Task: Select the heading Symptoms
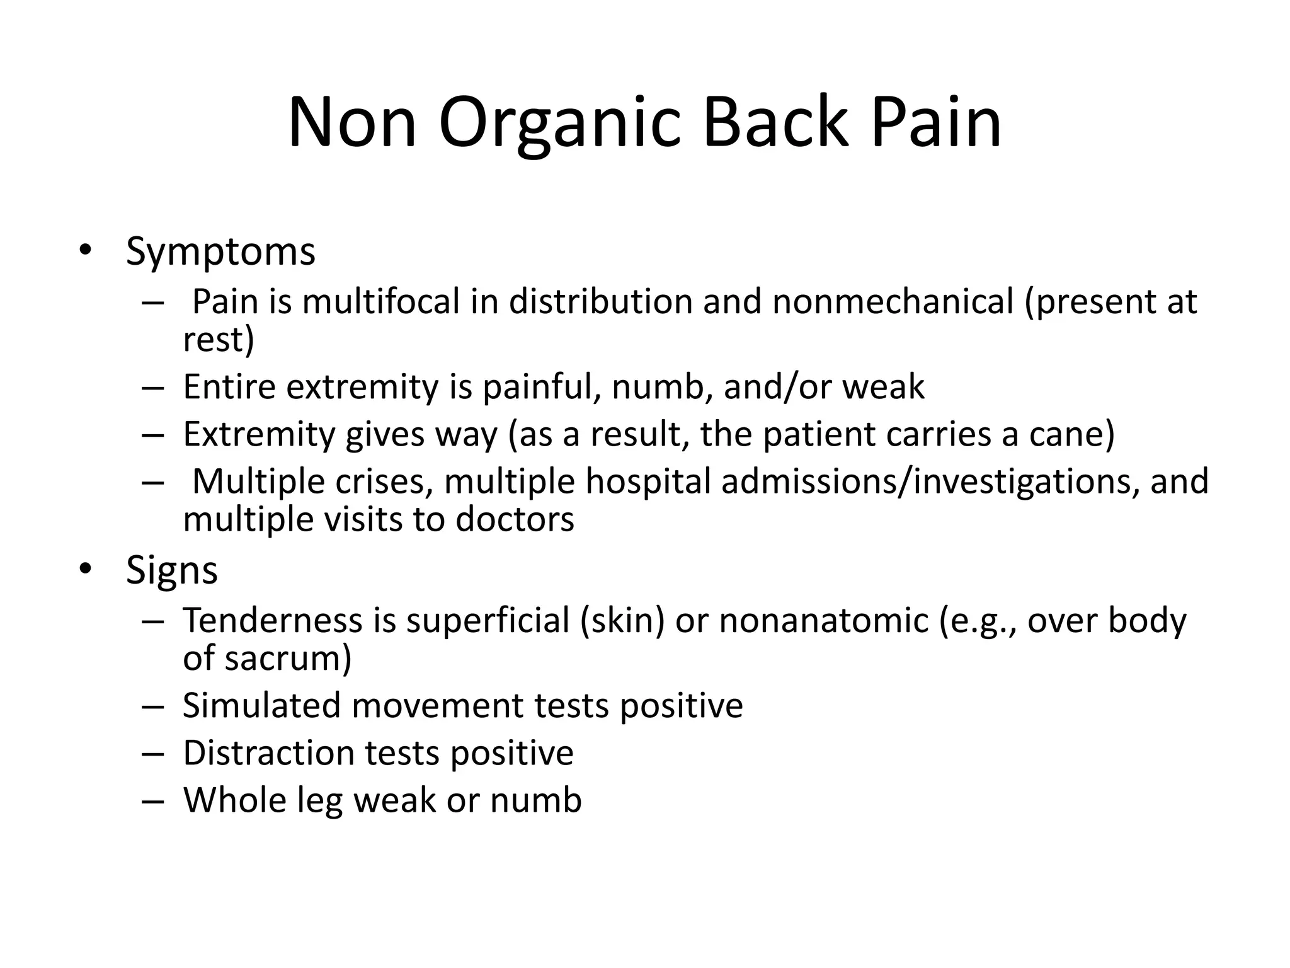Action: click(x=220, y=251)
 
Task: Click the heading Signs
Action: click(x=171, y=570)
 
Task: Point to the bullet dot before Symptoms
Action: click(x=85, y=252)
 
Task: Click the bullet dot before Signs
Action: click(x=85, y=570)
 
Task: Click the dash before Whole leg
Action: click(x=152, y=801)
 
